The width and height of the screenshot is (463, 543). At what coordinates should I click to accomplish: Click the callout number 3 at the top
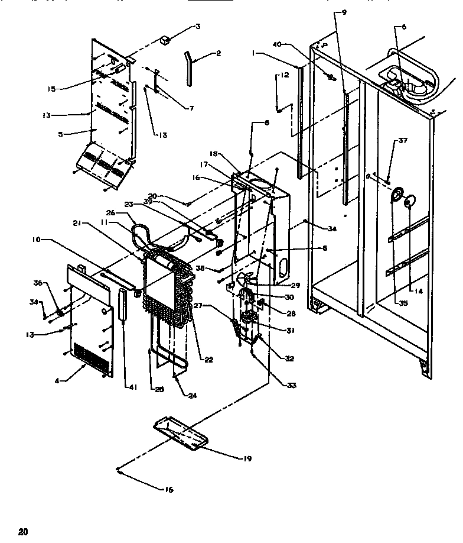(198, 27)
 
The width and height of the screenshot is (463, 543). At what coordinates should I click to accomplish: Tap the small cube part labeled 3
(166, 40)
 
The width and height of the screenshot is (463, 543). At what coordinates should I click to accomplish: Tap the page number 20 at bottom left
(23, 531)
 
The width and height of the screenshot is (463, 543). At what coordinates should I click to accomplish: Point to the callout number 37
(403, 141)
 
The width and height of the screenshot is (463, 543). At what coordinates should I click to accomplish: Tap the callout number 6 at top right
(404, 27)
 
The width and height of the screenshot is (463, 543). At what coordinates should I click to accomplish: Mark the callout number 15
(51, 89)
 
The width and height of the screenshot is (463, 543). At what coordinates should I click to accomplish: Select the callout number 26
(110, 212)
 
